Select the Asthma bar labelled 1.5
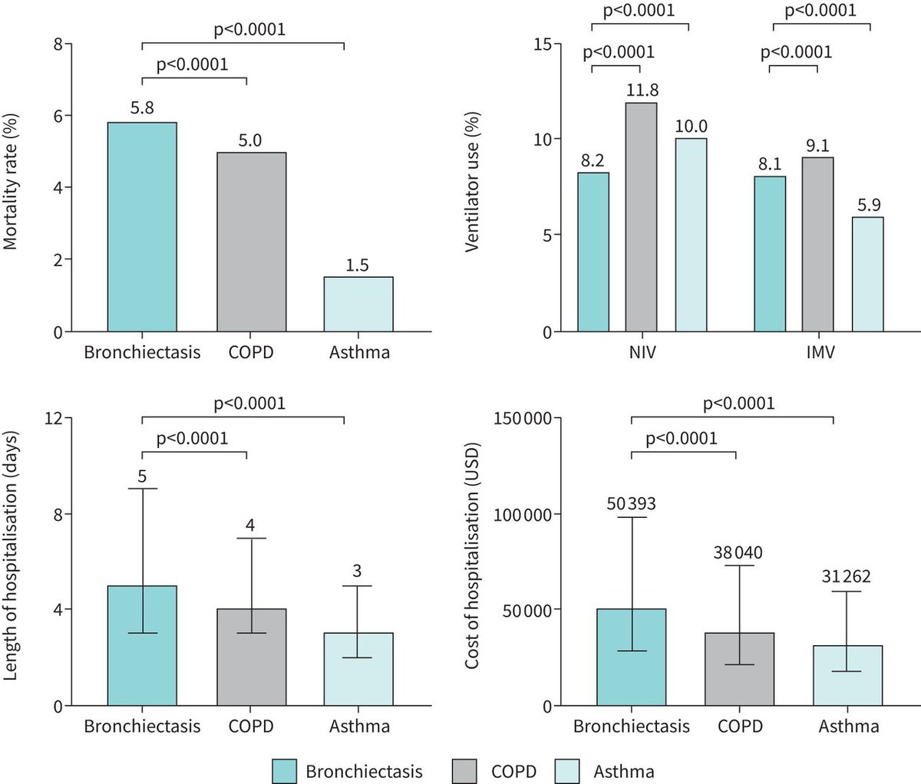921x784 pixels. coord(359,305)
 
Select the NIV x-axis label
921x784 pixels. coord(641,354)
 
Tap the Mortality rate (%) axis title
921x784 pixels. coord(11,183)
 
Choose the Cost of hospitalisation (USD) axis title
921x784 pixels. coord(472,555)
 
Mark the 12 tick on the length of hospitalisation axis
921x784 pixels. coord(54,418)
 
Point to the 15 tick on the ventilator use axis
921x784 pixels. coord(543,44)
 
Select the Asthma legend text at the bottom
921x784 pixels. coord(623,771)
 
